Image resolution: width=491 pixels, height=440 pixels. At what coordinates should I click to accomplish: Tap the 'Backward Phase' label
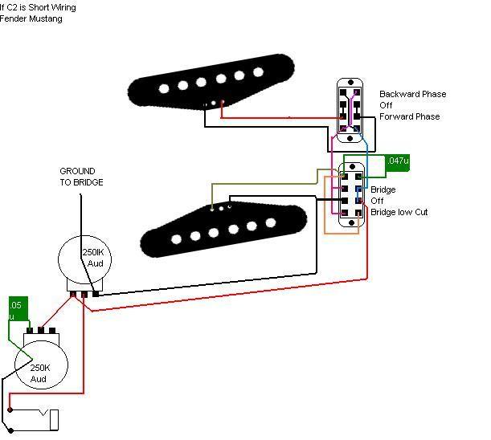pos(412,95)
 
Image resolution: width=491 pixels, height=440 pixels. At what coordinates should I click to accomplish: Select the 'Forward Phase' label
pos(409,117)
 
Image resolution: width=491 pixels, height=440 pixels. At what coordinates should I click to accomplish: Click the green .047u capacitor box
pos(398,161)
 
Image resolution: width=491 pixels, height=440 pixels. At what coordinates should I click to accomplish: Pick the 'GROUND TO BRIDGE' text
pos(81,177)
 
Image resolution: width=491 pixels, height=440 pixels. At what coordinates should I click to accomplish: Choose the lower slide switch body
pos(350,196)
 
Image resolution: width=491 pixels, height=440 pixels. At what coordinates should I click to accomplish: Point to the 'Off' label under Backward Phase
pos(387,106)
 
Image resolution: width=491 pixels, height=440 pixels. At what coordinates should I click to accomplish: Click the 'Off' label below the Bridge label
pos(377,201)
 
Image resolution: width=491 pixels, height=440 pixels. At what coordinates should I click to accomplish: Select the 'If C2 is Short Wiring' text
pos(38,7)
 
